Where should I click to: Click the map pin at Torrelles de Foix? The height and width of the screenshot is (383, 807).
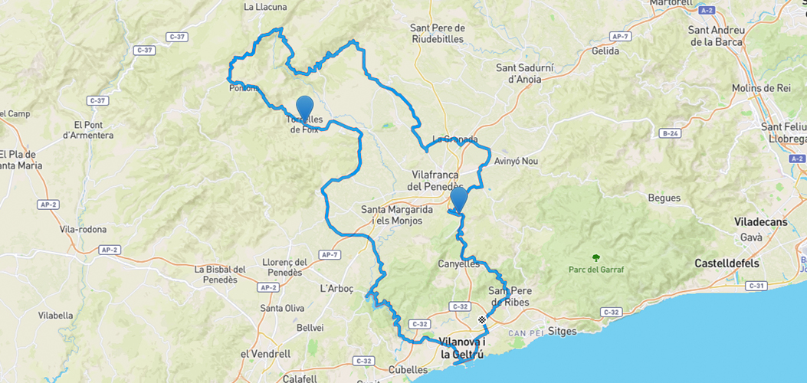coord(304,108)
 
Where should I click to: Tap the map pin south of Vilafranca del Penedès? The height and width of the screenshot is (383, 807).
coord(458,198)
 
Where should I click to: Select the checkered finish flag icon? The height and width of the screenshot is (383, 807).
coord(482,319)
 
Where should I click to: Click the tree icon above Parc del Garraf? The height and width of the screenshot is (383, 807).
coord(595,257)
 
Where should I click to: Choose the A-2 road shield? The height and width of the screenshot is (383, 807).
coord(707,10)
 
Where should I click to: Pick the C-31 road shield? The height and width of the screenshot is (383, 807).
coord(756,286)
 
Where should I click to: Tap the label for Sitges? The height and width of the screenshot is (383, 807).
coord(563,332)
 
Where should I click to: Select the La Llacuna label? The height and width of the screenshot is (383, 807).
coord(264,7)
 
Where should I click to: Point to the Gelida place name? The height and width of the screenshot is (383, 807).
coord(605,51)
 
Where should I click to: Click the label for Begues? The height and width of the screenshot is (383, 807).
coord(664,198)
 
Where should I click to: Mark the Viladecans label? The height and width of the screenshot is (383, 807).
coord(760,221)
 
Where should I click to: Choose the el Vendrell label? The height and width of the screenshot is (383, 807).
coord(265,354)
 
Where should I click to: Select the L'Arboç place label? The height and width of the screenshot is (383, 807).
coord(336,289)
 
